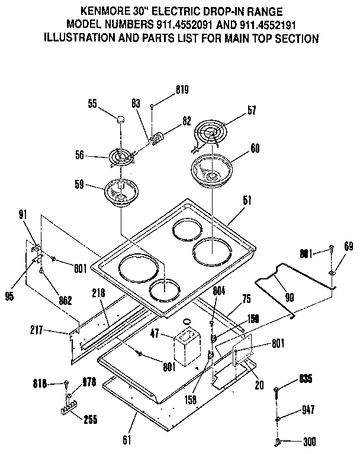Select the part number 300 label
coord(308,441)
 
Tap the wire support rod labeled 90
coord(293,278)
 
